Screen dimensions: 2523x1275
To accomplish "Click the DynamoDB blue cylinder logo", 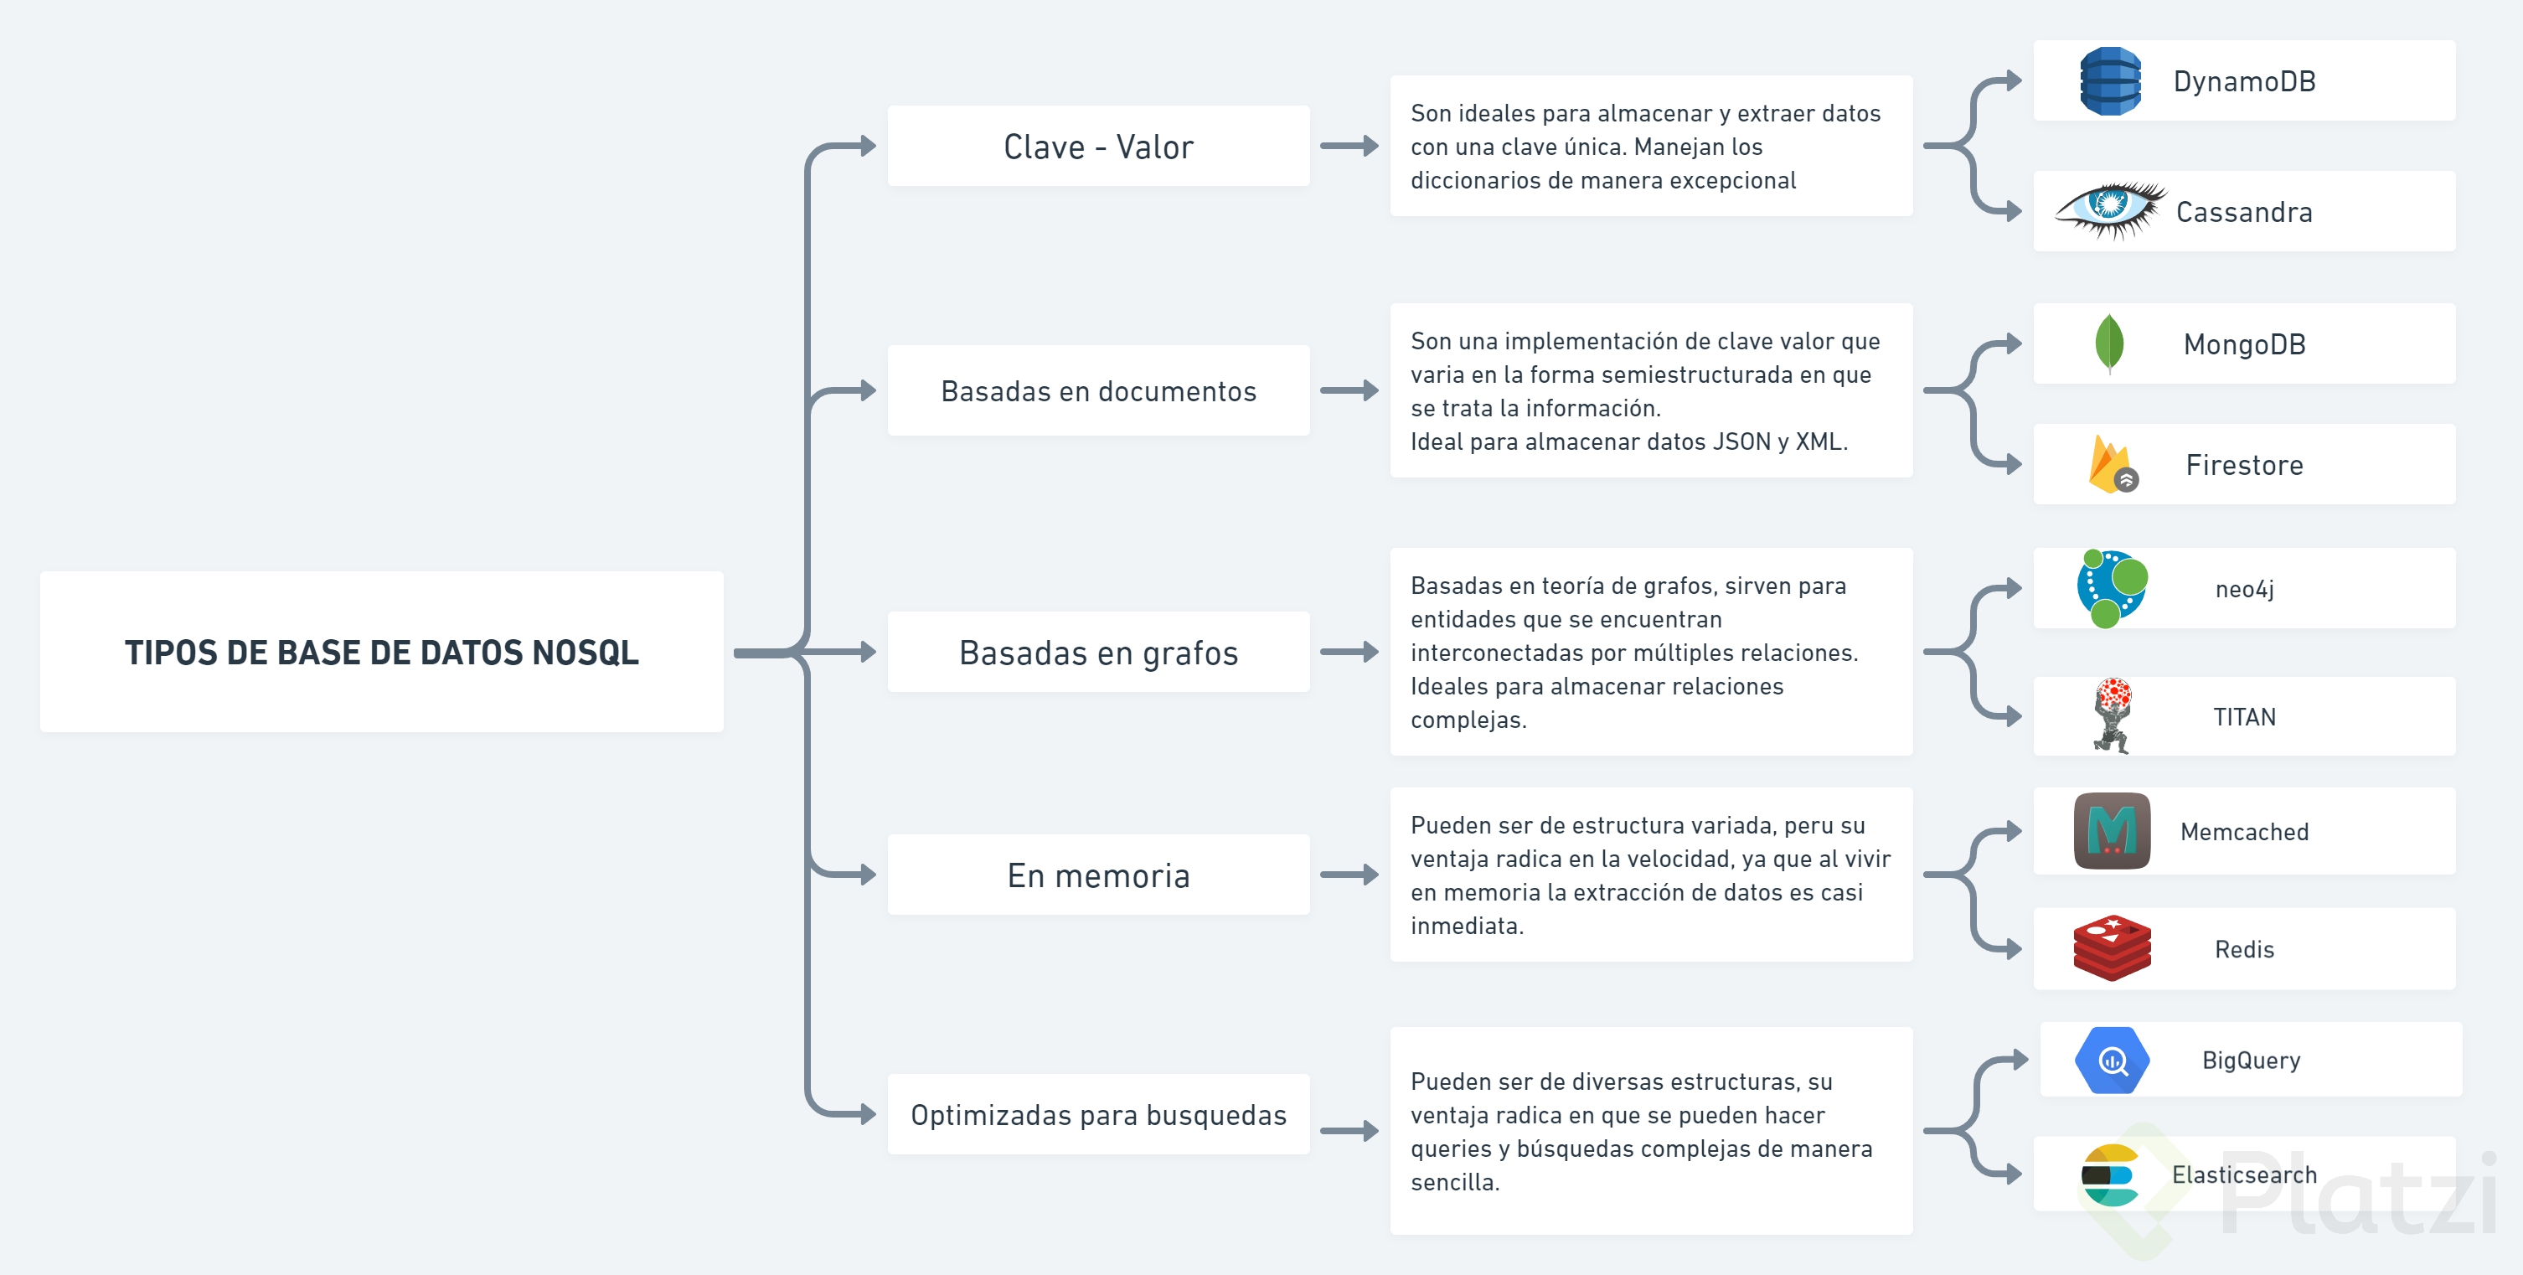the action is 2110,81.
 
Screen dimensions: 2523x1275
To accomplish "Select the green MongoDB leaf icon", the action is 2108,343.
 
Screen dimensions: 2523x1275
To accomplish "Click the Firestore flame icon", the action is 2113,464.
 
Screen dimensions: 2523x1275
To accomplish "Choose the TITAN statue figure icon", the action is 2113,716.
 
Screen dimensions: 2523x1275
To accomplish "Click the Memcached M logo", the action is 2112,831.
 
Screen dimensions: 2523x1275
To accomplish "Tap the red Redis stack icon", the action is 2112,948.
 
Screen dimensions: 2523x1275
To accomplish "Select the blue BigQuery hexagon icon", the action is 2112,1061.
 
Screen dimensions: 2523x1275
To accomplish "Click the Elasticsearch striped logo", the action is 2111,1175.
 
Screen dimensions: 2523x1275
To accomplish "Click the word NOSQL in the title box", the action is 585,653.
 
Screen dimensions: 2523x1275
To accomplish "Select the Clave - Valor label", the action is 1098,147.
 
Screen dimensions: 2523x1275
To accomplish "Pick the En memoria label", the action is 1098,875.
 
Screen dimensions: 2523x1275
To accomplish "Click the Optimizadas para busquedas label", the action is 1098,1114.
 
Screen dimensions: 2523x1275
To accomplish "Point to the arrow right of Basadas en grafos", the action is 1349,653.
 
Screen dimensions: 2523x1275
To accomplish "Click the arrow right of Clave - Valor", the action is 1349,146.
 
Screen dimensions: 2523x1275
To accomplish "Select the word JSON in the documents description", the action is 1741,441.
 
